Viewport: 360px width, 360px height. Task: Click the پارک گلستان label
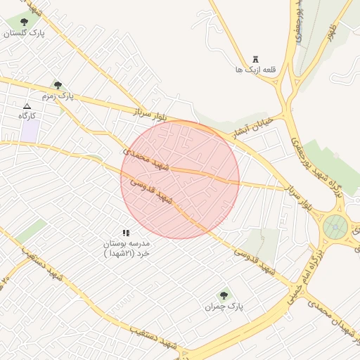(24, 34)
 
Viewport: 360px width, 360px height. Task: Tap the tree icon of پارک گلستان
(25, 22)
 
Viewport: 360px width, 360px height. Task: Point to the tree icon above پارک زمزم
(58, 84)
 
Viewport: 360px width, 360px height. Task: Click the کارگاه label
(27, 115)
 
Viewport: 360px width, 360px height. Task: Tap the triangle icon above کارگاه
(27, 105)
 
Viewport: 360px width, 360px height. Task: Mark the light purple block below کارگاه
(30, 130)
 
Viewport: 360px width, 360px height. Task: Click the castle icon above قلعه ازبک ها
(255, 59)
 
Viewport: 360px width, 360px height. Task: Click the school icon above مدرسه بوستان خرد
(126, 233)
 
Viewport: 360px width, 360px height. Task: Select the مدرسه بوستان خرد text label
(127, 247)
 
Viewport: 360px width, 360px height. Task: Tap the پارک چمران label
(224, 306)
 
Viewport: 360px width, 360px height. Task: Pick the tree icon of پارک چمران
(224, 295)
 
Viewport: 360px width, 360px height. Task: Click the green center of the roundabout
(335, 227)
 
